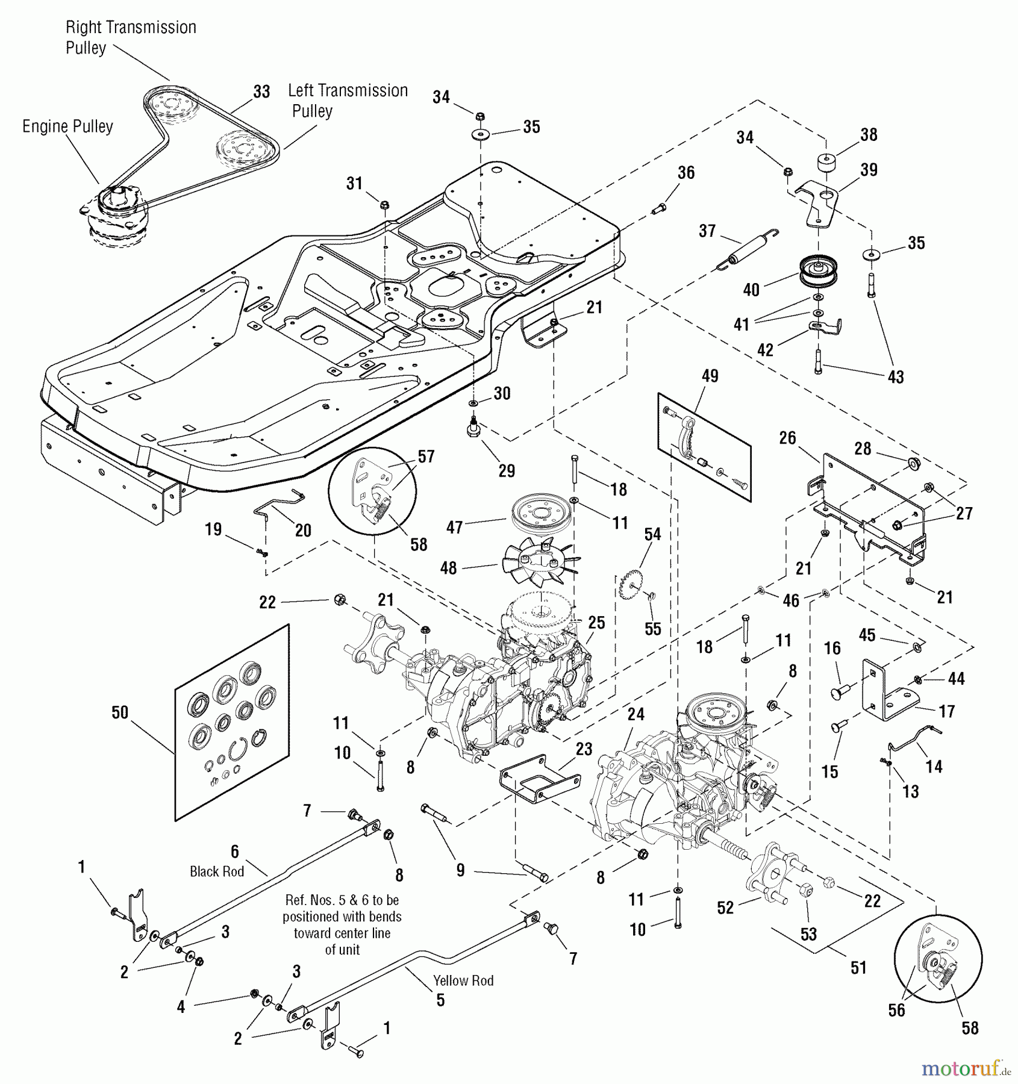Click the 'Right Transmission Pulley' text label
pyautogui.click(x=131, y=37)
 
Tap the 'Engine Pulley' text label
pyautogui.click(x=67, y=126)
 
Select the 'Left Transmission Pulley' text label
pyautogui.click(x=348, y=101)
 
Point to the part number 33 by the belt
pyautogui.click(x=261, y=92)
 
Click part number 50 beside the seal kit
pyautogui.click(x=120, y=712)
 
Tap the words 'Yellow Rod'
pyautogui.click(x=463, y=980)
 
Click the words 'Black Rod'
pyautogui.click(x=217, y=871)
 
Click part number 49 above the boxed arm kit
pyautogui.click(x=710, y=376)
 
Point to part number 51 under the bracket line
pyautogui.click(x=858, y=967)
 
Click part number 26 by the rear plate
pyautogui.click(x=787, y=438)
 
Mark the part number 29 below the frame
pyautogui.click(x=507, y=470)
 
